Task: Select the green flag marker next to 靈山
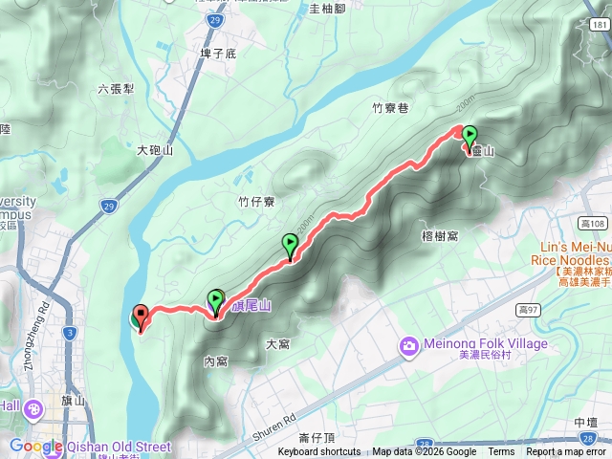(x=470, y=139)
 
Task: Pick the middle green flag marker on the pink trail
(x=290, y=247)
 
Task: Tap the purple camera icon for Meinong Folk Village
(x=408, y=344)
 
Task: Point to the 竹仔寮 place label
(x=256, y=201)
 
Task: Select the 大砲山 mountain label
(x=154, y=150)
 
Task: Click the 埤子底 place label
(x=217, y=55)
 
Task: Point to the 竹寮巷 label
(x=390, y=108)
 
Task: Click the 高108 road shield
(x=595, y=224)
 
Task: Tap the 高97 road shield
(x=529, y=310)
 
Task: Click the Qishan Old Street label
(x=119, y=447)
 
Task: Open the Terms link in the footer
(x=501, y=452)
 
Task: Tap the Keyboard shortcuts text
(x=319, y=452)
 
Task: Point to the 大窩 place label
(x=278, y=343)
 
